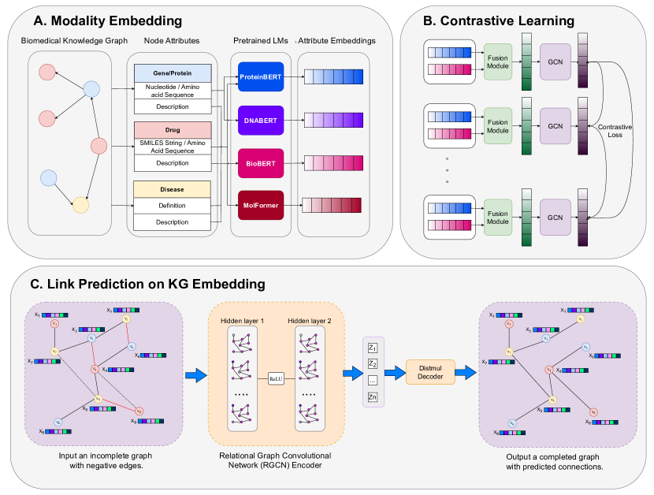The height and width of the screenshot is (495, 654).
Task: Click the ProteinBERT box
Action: point(261,77)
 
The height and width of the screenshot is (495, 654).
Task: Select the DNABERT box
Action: point(261,121)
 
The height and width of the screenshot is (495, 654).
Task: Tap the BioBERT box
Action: point(261,164)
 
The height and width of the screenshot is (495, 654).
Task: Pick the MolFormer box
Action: point(261,206)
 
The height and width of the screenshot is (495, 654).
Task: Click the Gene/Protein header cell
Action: point(172,73)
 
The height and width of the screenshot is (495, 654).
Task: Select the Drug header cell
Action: point(172,129)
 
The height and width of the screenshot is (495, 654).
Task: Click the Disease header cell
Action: point(172,189)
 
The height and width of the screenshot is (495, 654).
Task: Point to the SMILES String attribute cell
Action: point(172,146)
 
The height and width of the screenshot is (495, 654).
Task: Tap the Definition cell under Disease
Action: point(172,206)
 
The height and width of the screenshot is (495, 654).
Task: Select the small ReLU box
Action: point(276,378)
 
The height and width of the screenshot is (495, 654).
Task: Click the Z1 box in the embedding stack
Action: point(373,348)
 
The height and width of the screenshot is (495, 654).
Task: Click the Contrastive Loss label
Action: point(615,132)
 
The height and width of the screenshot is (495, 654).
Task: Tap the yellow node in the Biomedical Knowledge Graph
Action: point(80,206)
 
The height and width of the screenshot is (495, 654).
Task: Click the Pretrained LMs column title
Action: point(260,40)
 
